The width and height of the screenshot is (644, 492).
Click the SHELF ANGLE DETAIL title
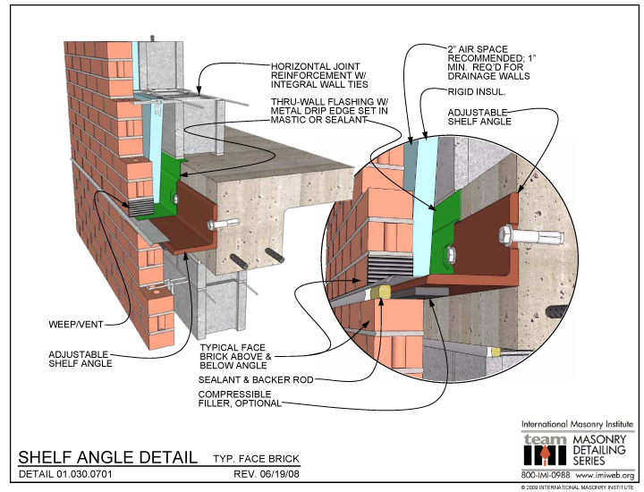(x=107, y=457)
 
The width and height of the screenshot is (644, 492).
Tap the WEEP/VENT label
(x=76, y=325)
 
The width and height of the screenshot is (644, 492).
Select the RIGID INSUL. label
(x=477, y=92)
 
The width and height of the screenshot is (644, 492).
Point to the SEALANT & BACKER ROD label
(x=256, y=380)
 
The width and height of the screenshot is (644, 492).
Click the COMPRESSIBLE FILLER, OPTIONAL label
(x=240, y=399)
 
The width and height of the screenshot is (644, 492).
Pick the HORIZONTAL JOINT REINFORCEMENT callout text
(x=319, y=75)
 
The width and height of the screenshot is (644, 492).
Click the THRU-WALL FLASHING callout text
(x=329, y=110)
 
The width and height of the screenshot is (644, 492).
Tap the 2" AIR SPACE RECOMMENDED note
(x=492, y=63)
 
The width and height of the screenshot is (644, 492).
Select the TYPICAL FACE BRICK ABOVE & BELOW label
(x=236, y=356)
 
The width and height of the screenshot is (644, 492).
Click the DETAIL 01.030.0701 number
(x=65, y=474)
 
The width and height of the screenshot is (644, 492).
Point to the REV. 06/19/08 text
(x=267, y=474)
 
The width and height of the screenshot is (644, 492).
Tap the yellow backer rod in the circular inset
(x=379, y=293)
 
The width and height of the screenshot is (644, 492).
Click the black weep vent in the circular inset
(x=390, y=267)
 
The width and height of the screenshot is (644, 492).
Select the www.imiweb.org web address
(x=605, y=475)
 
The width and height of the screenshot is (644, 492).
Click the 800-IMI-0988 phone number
(x=546, y=475)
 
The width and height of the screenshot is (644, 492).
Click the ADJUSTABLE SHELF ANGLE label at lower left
(x=80, y=359)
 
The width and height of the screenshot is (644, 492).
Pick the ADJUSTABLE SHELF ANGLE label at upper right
(x=479, y=117)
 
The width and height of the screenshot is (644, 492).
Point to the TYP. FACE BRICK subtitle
(x=257, y=459)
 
